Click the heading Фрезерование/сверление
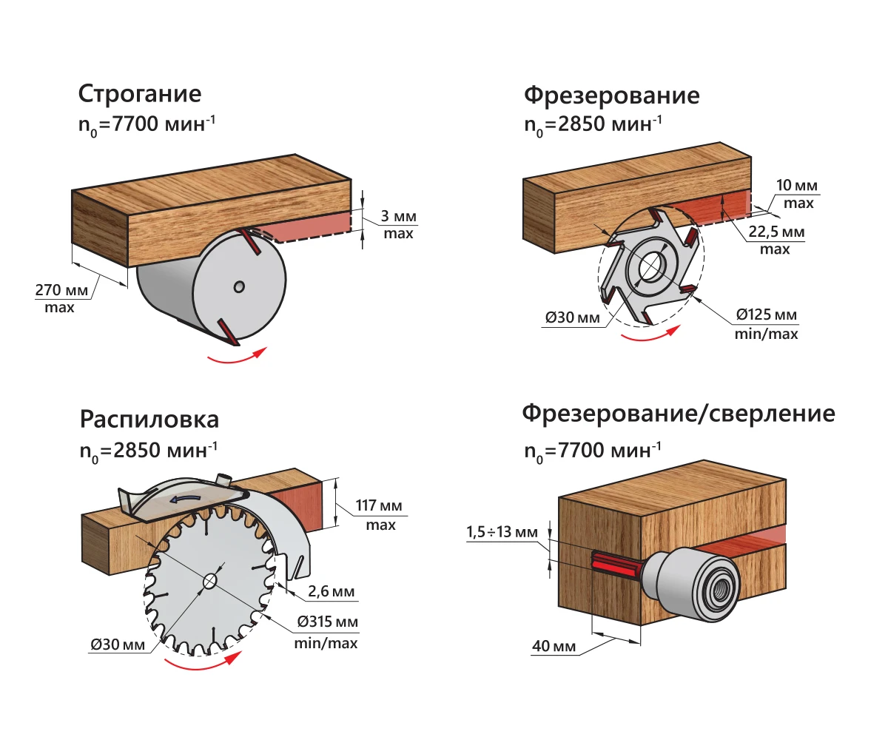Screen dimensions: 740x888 (x=679, y=413)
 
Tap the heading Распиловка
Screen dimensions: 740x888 (x=149, y=419)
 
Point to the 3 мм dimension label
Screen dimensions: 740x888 (x=398, y=217)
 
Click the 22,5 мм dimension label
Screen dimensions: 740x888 (x=776, y=232)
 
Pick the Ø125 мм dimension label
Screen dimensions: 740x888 (x=766, y=316)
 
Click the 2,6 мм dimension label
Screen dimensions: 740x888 (x=333, y=592)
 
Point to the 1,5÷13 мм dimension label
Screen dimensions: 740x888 (x=502, y=532)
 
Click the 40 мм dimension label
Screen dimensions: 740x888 (x=554, y=647)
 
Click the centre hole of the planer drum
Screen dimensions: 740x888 (x=238, y=286)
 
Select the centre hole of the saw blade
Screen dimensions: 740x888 (x=209, y=581)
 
